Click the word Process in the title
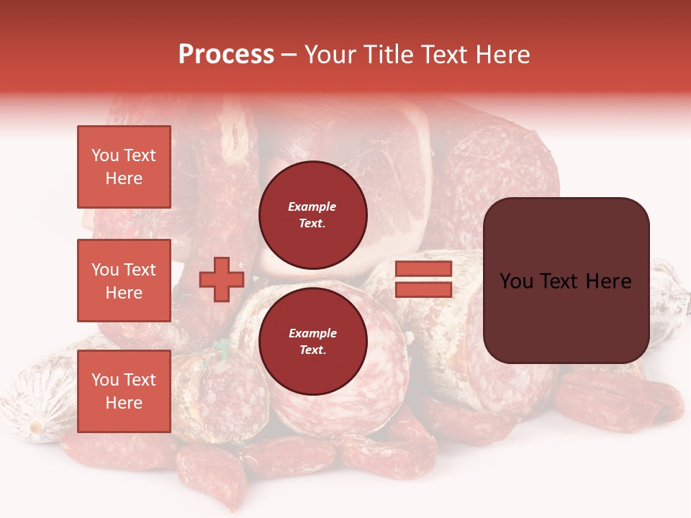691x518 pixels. (226, 55)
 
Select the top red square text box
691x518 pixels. (124, 167)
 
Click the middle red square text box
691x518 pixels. (124, 281)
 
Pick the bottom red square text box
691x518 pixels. (124, 391)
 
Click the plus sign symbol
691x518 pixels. (222, 279)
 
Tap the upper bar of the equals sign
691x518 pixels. (424, 269)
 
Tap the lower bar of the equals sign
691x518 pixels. (424, 289)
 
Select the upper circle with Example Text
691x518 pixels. (312, 215)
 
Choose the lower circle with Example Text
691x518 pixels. (312, 342)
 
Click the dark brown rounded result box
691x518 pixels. (566, 280)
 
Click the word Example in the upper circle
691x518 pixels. (312, 206)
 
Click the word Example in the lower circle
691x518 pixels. (312, 333)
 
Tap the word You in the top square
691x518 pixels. (105, 155)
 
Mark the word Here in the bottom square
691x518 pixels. (124, 403)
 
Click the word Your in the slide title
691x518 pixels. (332, 55)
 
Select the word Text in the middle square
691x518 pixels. (139, 270)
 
